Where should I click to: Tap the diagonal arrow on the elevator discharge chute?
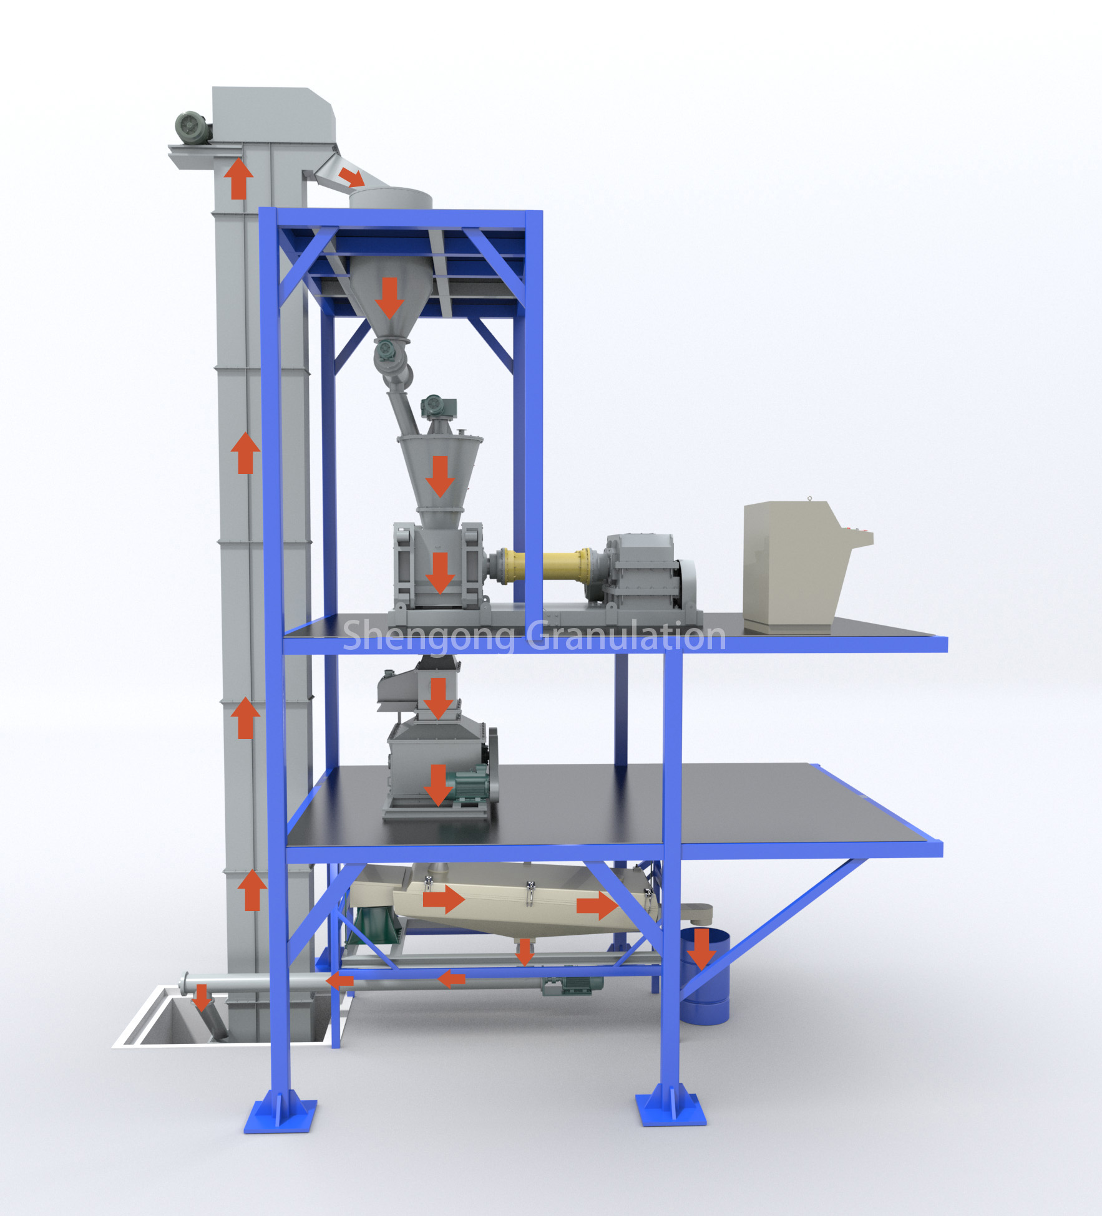[352, 176]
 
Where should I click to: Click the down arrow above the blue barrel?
[702, 949]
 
